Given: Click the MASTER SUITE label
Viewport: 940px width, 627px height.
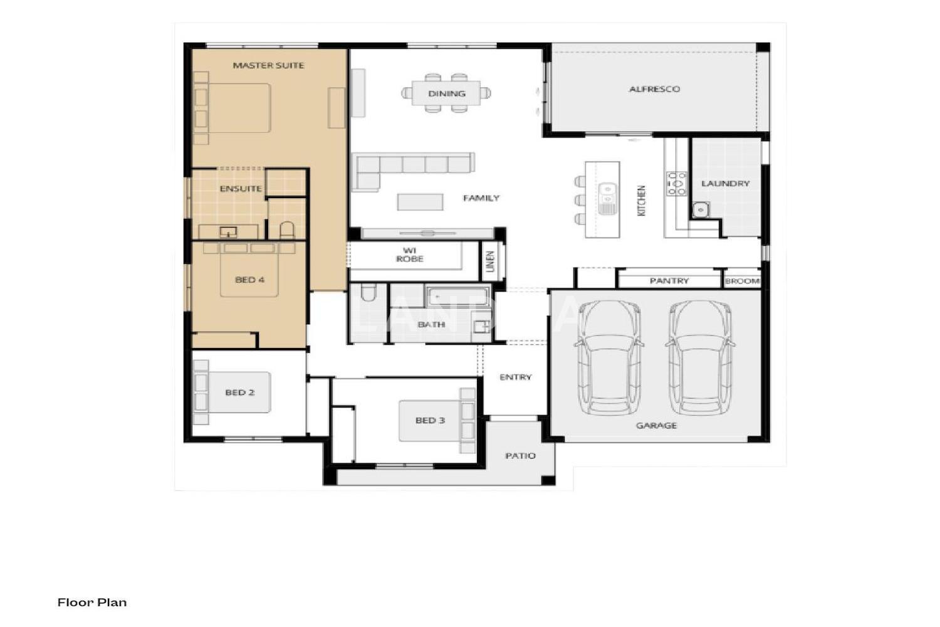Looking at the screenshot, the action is click(268, 65).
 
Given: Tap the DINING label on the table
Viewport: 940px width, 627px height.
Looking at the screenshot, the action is click(446, 93).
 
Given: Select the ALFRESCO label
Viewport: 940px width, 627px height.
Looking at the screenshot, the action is click(654, 89).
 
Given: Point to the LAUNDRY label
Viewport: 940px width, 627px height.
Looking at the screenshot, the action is click(725, 184).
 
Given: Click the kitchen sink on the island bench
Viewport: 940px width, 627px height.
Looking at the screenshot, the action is click(607, 198).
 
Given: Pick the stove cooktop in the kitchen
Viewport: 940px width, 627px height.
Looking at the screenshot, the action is click(676, 184).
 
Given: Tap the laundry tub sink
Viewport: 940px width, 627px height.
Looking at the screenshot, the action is click(701, 209).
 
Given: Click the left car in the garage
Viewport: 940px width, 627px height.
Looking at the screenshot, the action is click(609, 357).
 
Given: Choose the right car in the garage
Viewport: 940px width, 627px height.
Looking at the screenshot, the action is click(700, 357).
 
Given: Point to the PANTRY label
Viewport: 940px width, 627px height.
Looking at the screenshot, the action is click(669, 280).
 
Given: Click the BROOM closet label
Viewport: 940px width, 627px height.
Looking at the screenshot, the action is click(742, 281).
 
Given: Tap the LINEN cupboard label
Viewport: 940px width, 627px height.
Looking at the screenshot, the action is click(491, 261).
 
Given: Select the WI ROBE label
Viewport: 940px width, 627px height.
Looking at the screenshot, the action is click(410, 255).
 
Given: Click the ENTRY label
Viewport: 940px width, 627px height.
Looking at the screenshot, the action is click(515, 377).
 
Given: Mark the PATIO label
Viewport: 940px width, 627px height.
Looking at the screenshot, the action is click(520, 456).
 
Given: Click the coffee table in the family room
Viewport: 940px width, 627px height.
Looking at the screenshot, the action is click(420, 202).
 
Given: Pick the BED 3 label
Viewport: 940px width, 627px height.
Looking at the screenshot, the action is click(430, 420).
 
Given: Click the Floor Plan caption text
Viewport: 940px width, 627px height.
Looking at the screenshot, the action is click(92, 603).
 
